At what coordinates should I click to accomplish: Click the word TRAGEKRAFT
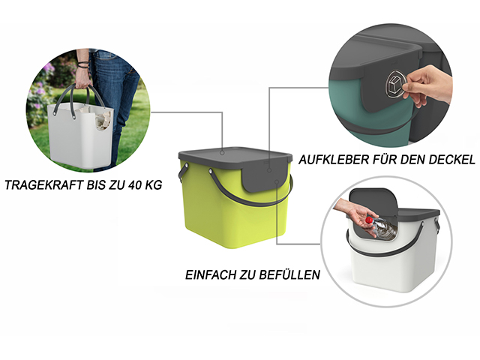tap(43, 185)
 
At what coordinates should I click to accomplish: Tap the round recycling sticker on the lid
tap(396, 85)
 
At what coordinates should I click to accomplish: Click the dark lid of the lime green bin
tap(235, 157)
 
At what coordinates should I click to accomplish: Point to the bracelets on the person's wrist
tap(82, 64)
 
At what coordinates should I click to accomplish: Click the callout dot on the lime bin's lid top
tap(222, 152)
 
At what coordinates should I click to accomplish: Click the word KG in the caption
tap(153, 185)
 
